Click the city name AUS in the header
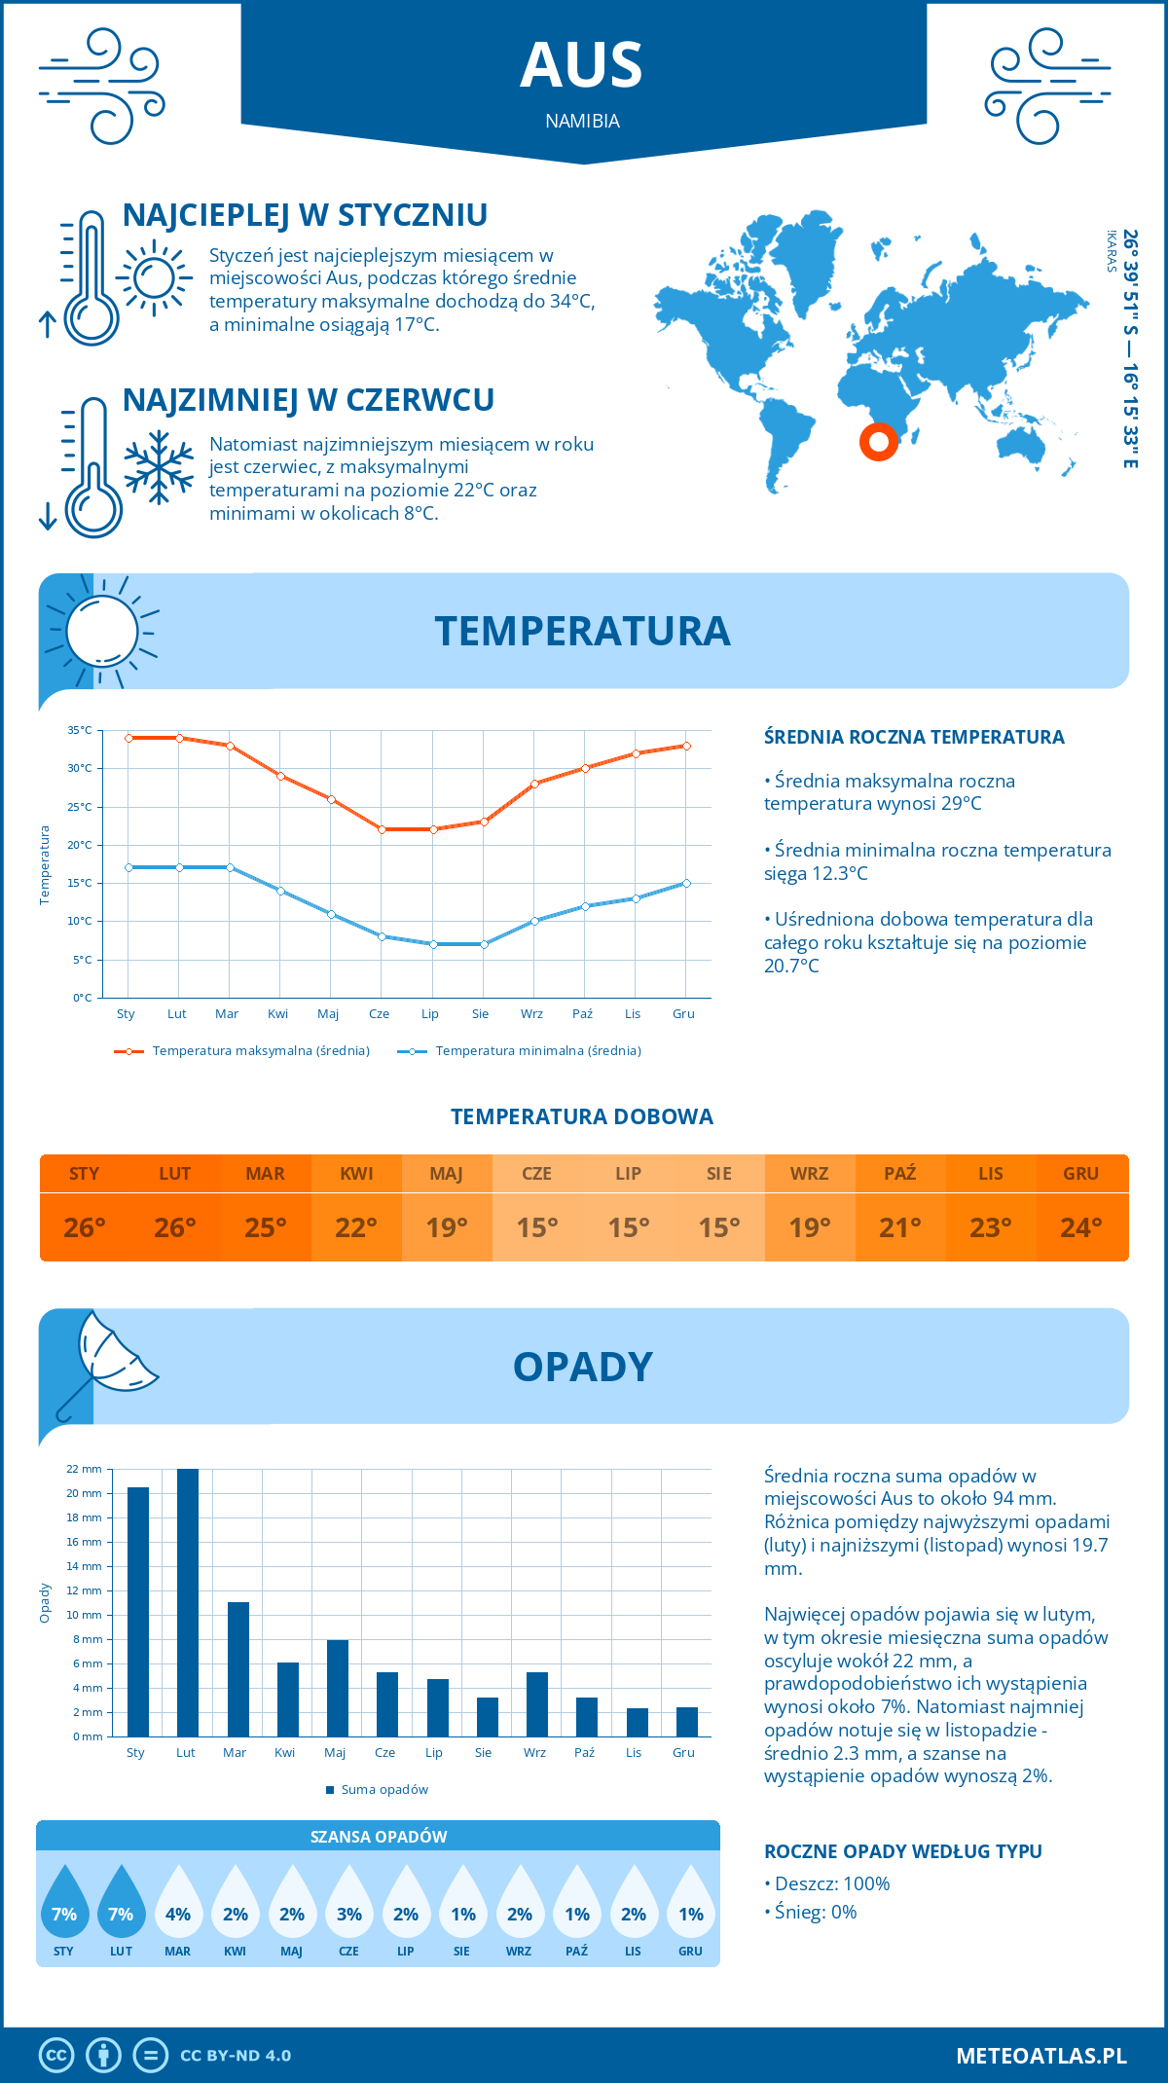click(582, 66)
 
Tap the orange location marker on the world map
click(878, 442)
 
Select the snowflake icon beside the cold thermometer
click(159, 467)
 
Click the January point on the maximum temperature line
click(128, 738)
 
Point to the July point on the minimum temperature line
click(433, 944)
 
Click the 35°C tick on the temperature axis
click(80, 730)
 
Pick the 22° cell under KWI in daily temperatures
click(356, 1227)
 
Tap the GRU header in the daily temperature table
click(1080, 1174)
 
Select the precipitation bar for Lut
click(187, 1602)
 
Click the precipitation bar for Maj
click(337, 1688)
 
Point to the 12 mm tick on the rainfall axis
click(85, 1590)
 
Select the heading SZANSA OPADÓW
click(379, 1837)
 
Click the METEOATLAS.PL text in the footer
click(1041, 2056)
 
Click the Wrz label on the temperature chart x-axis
click(531, 1014)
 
